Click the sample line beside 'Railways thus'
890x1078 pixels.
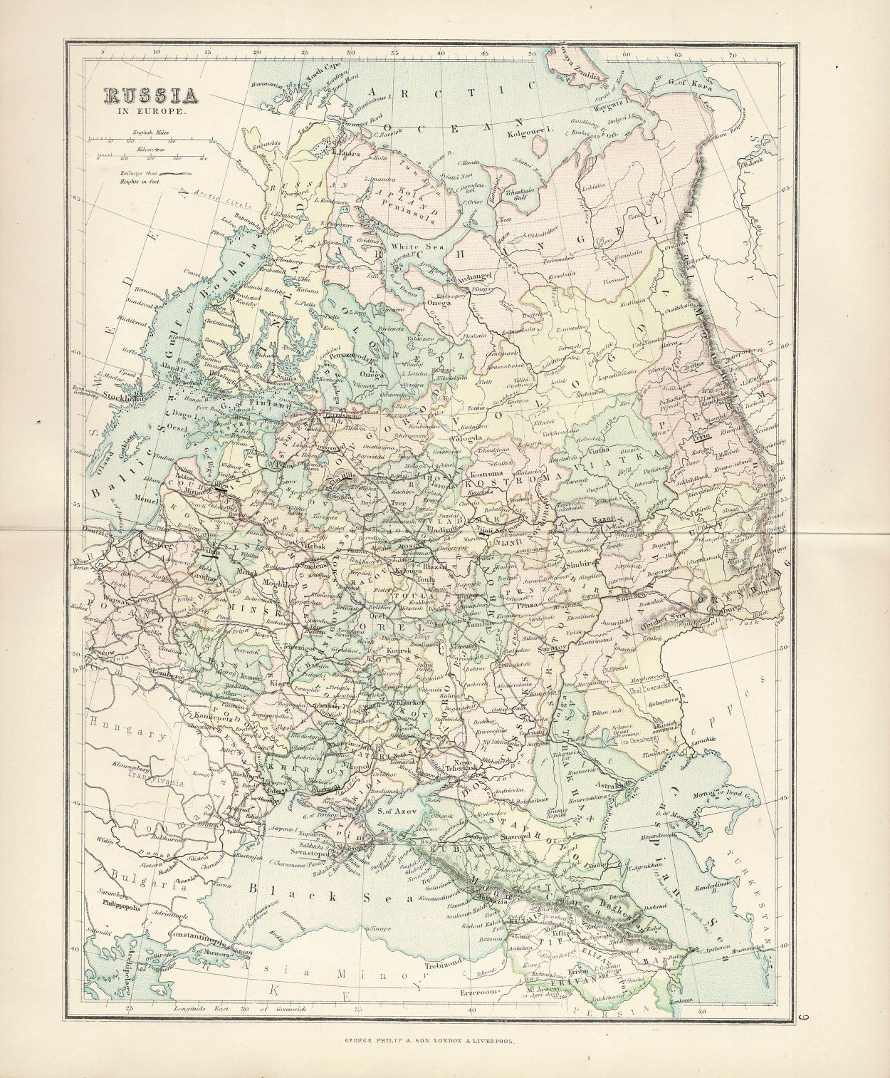pyautogui.click(x=177, y=173)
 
